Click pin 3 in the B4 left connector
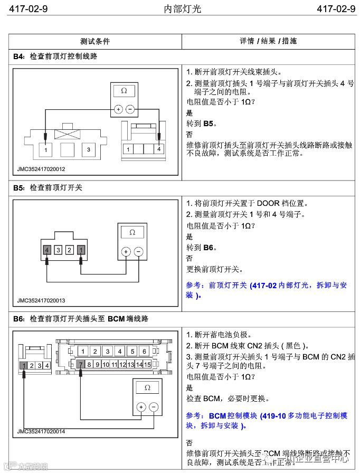click(89, 150)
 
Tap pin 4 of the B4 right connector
click(158, 149)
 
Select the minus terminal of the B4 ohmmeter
click(130, 110)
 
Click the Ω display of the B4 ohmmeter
click(124, 91)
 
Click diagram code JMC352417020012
click(41, 169)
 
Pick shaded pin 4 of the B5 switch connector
click(48, 250)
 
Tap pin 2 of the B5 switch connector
click(69, 250)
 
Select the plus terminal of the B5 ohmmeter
click(126, 252)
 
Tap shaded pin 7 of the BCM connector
click(81, 364)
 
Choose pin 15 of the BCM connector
click(148, 364)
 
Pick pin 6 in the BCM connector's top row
click(145, 351)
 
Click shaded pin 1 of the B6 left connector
click(24, 365)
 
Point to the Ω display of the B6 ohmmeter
click(147, 387)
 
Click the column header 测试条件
click(95, 41)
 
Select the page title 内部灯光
click(179, 9)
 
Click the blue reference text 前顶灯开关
click(228, 285)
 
